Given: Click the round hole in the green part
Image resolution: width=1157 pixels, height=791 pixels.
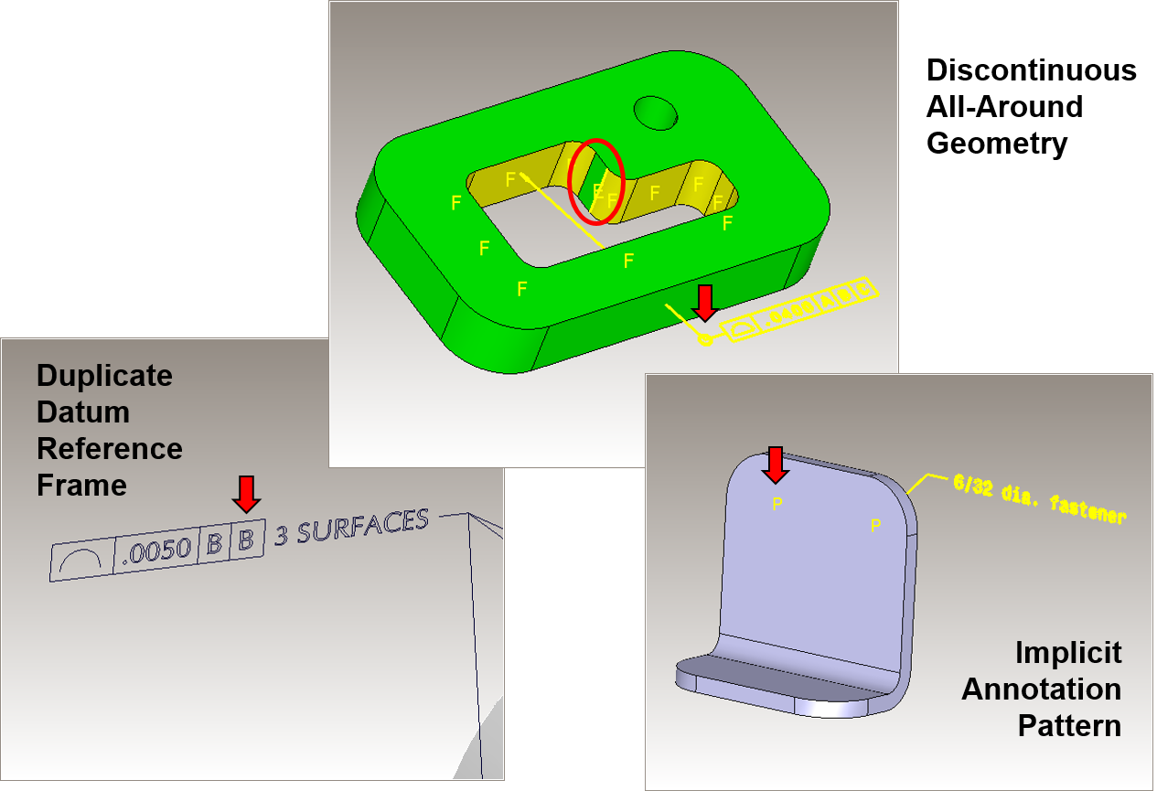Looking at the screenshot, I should [x=656, y=112].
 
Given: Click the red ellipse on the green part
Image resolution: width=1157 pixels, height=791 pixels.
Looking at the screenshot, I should [x=596, y=181].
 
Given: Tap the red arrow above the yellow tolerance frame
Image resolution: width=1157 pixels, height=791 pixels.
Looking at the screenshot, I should [x=704, y=303].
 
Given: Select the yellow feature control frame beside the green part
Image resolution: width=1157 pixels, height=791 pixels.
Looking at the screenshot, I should [x=800, y=309].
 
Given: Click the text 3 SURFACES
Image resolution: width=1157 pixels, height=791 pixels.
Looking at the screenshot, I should [x=351, y=528].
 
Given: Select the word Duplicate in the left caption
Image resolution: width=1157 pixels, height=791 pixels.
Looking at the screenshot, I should [x=104, y=376].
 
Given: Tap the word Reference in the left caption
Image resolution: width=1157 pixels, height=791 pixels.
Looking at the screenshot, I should [x=109, y=449].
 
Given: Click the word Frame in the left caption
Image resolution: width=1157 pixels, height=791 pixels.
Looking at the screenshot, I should [x=81, y=486].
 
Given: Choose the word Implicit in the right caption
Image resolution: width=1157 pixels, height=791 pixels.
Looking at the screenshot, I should [x=1067, y=653].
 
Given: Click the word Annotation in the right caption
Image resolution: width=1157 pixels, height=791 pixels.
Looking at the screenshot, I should [x=1041, y=689].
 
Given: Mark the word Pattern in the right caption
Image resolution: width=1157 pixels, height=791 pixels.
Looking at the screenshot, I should [x=1068, y=726].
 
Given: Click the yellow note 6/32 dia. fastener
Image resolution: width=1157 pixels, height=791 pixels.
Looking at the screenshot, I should [x=1039, y=499].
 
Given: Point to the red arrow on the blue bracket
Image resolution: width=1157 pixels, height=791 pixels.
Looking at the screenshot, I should [x=776, y=465].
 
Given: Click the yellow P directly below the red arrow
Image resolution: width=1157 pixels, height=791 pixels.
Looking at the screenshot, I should [x=777, y=504].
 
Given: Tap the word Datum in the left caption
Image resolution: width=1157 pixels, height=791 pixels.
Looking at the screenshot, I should [x=82, y=412].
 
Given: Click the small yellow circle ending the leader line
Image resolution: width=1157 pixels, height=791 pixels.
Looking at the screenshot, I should [x=704, y=340].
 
